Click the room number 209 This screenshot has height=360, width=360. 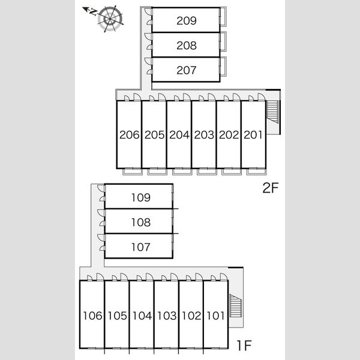(187, 20)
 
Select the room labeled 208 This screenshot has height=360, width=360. (187, 46)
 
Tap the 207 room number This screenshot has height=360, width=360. (187, 70)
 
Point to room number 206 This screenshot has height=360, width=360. (130, 135)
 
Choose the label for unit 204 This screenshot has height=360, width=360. (179, 135)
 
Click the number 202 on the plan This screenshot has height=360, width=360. (229, 135)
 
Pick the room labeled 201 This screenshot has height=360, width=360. (253, 135)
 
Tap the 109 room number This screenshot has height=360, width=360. (141, 197)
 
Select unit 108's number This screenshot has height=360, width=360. (141, 222)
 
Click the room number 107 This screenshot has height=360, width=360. (141, 247)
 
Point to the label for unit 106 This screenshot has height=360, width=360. (92, 316)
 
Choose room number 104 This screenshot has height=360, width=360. (142, 316)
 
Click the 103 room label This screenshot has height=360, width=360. (167, 316)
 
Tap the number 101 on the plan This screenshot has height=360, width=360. (215, 316)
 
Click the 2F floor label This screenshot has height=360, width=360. (271, 188)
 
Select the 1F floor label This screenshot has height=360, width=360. (244, 346)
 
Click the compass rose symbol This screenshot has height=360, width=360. (110, 19)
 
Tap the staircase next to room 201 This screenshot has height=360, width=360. (272, 112)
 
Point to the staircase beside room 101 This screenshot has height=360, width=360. (236, 305)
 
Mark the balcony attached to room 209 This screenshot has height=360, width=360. (223, 17)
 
